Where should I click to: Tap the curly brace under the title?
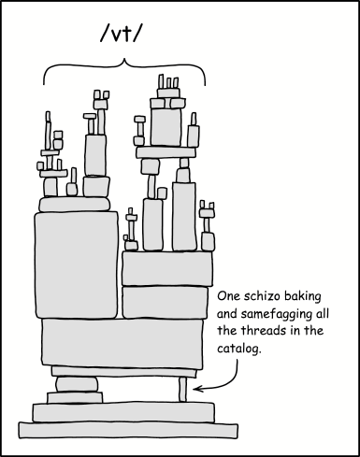coord(124,65)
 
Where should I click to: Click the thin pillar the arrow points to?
coord(183,390)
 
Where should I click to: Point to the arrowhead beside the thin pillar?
coord(196,389)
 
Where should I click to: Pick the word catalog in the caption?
coord(238,348)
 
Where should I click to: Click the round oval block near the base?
coord(77,384)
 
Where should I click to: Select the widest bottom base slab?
coord(128,430)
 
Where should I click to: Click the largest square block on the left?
coord(77,265)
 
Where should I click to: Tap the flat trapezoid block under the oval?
coord(75,398)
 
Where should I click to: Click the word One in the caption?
coord(229,296)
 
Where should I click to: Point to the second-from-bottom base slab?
coord(123,412)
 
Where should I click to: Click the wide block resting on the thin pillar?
coord(124,372)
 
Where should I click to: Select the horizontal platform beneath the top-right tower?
coord(166,152)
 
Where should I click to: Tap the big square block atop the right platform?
coord(166,127)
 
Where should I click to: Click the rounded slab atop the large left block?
coord(75,204)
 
